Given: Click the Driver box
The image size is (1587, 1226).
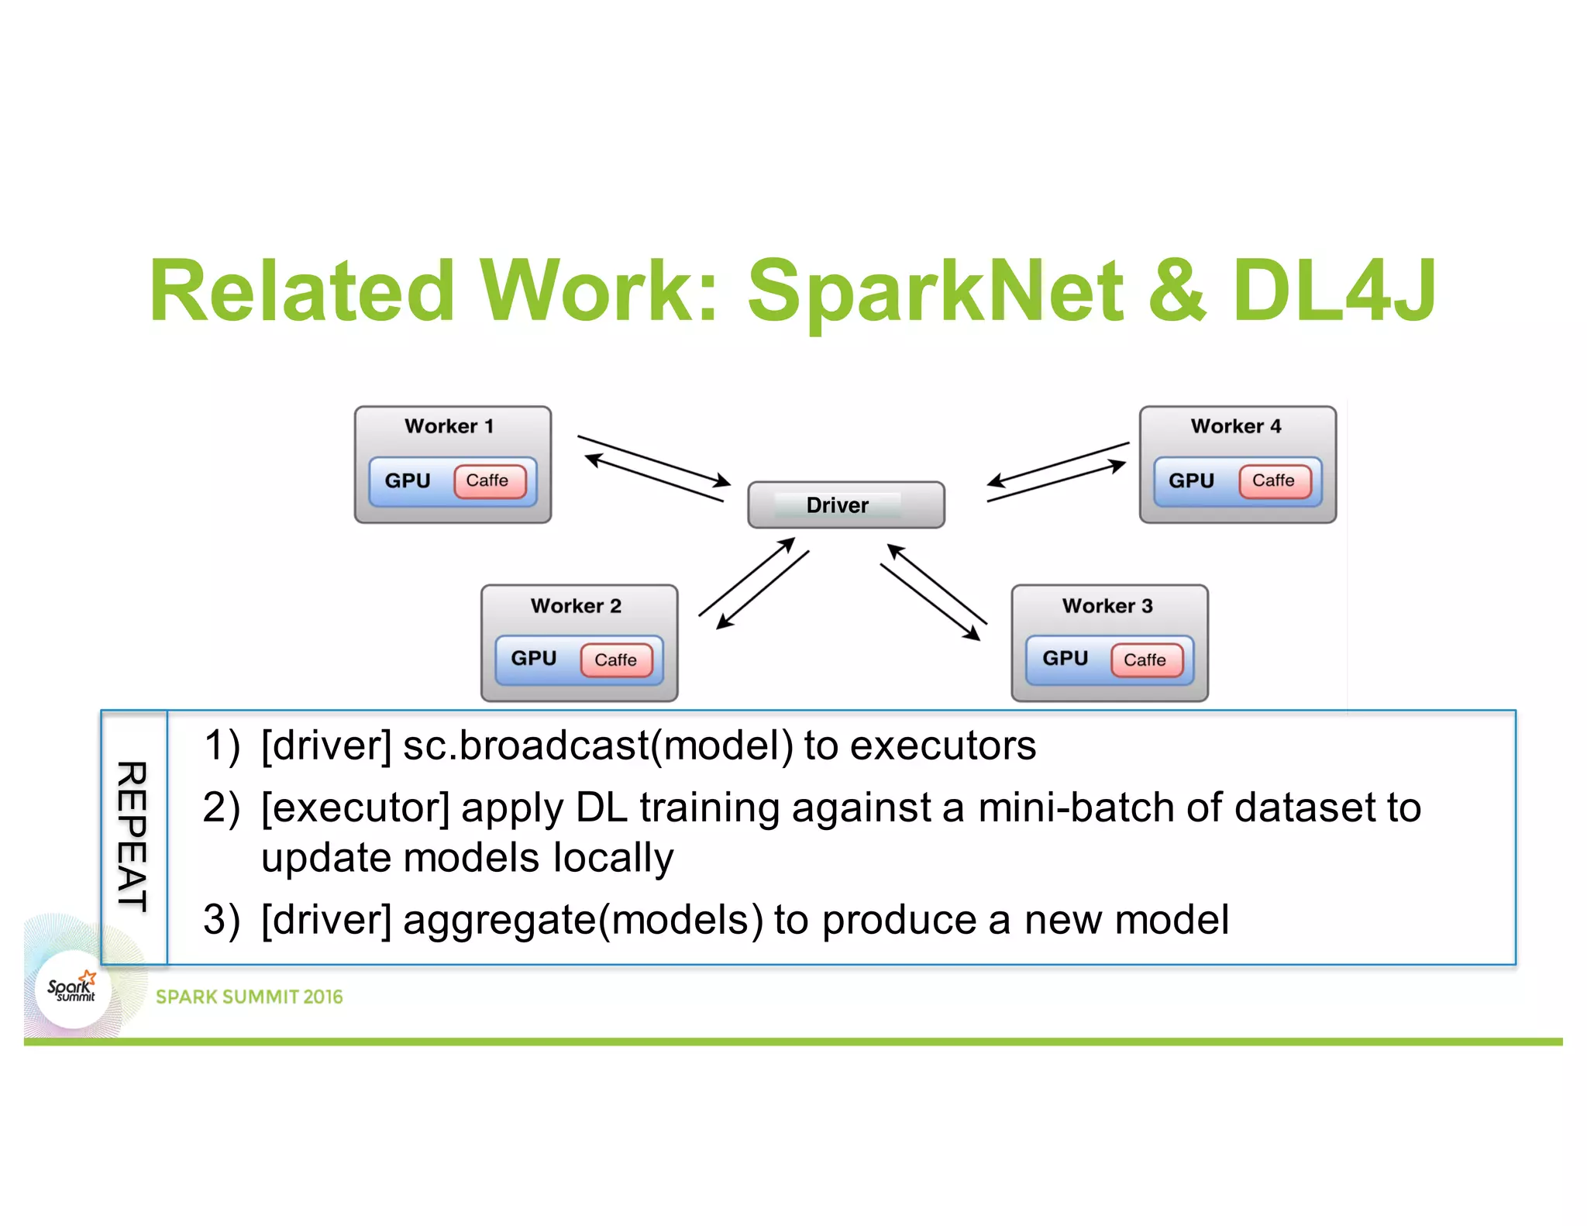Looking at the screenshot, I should click(x=845, y=505).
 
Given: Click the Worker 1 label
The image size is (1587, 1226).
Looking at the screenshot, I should click(x=449, y=426).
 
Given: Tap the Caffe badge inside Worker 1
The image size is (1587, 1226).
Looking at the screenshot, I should click(x=489, y=480).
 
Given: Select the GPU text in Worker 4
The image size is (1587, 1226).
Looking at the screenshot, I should click(x=1191, y=480).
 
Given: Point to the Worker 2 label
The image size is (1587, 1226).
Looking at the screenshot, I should click(x=576, y=606).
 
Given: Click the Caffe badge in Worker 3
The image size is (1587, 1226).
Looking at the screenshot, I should click(x=1146, y=659).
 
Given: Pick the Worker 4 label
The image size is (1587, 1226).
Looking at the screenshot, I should click(x=1236, y=426).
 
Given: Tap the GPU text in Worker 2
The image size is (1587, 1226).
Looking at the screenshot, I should click(x=533, y=658).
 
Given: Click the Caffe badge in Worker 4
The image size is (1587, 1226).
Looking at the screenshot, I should click(x=1275, y=480).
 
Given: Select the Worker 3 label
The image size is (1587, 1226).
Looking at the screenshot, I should click(x=1107, y=606).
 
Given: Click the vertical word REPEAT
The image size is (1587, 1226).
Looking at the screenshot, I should click(x=133, y=836).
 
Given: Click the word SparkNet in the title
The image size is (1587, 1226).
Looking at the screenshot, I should click(x=935, y=291).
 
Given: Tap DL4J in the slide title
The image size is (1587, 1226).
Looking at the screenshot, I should click(x=1334, y=291).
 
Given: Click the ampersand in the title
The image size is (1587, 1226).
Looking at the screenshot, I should click(x=1177, y=291).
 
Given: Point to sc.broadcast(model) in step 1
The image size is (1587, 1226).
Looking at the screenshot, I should click(x=597, y=746).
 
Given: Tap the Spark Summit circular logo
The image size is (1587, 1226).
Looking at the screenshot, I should click(x=72, y=990).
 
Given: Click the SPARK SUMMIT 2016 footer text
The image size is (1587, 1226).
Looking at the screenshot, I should click(x=249, y=997).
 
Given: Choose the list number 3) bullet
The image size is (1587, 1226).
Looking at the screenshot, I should click(x=221, y=920).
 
